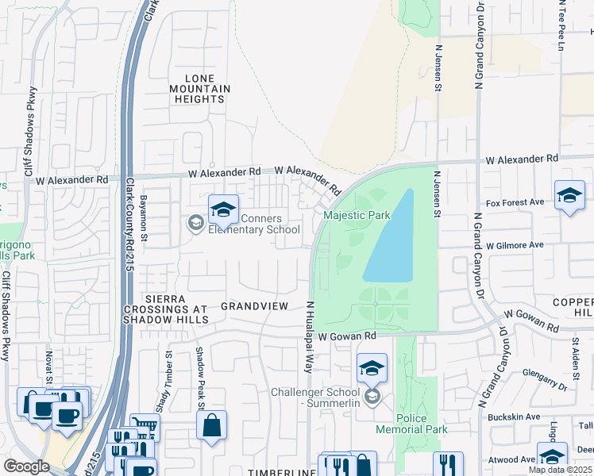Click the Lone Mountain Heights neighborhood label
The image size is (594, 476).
(x=199, y=88)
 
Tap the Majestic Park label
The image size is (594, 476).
(x=357, y=215)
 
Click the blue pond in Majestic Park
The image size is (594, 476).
(x=392, y=239)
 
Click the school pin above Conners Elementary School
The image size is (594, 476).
(x=224, y=210)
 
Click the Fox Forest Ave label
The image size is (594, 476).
(x=515, y=202)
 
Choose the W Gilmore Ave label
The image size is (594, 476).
(x=515, y=245)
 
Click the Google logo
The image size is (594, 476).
(x=26, y=466)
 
